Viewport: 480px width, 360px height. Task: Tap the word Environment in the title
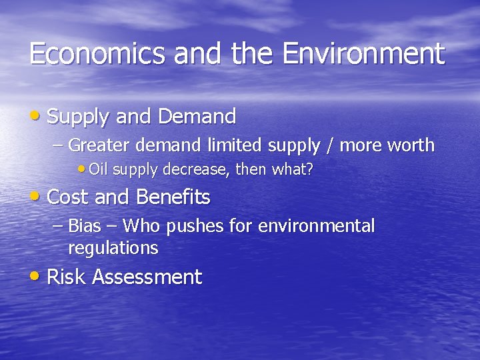pos(363,54)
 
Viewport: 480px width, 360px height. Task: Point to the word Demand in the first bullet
pos(197,117)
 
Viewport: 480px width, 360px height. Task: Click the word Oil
pos(98,169)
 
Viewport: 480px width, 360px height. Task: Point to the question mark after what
pos(309,169)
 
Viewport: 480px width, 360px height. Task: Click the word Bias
pos(85,226)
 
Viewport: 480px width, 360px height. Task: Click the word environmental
pos(316,226)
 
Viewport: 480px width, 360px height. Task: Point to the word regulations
pos(113,249)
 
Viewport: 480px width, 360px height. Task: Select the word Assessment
pos(147,277)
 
